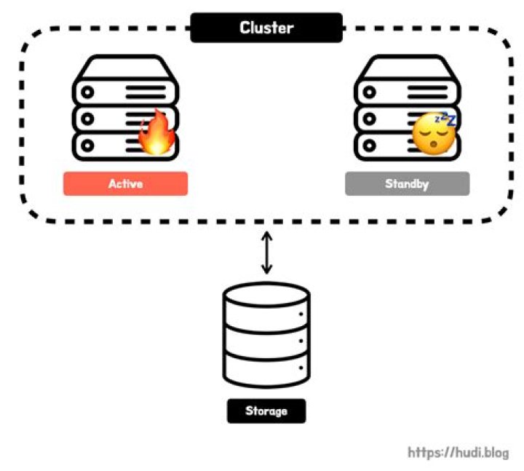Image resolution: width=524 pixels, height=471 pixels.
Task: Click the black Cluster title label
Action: pos(266,28)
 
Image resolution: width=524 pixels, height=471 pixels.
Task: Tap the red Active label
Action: pos(125,183)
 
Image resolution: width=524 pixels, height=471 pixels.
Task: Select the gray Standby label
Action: pos(407,183)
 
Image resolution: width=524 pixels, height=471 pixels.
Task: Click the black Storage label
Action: pos(266,411)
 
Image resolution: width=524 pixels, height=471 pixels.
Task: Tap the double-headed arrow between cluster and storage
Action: pos(267,252)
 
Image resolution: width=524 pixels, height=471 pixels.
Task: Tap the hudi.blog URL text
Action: pos(458,452)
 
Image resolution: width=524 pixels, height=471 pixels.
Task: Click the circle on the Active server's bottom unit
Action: pos(90,145)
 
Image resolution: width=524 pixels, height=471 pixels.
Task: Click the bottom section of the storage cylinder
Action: pos(266,370)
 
